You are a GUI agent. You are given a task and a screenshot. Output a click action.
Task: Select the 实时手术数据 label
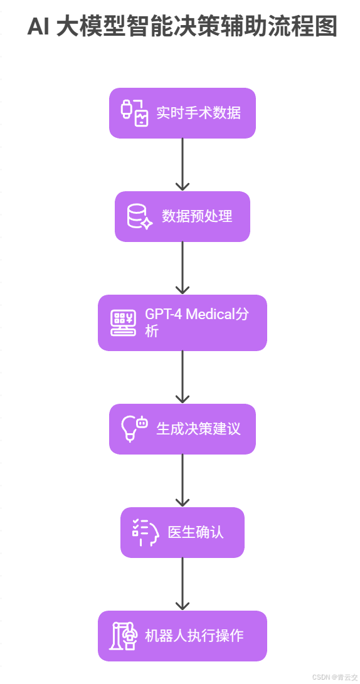[198, 113]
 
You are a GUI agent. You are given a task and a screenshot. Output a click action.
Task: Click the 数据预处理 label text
[197, 217]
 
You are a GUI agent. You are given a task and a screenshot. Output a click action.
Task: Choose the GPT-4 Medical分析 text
[196, 322]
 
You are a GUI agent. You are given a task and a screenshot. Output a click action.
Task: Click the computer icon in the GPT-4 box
[123, 323]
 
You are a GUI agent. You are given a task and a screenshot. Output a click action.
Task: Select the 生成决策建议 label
[198, 429]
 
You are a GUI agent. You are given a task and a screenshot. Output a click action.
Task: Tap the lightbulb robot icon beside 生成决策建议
[134, 429]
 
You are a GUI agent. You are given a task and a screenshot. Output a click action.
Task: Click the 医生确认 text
[196, 533]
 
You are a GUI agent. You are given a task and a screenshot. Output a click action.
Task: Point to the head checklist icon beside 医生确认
[145, 533]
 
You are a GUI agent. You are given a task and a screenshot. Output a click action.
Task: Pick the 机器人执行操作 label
[194, 636]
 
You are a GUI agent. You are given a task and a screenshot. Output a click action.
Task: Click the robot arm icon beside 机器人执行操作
[123, 636]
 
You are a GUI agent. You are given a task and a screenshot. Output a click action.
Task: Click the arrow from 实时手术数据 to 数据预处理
[183, 164]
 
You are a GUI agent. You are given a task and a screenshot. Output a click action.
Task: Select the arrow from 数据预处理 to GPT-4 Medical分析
[183, 267]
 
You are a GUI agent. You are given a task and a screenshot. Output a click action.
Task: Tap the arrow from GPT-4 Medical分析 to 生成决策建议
[183, 376]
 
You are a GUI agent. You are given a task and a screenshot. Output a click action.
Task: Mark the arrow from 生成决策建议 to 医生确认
[183, 480]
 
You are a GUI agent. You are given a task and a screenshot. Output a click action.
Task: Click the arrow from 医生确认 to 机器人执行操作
[183, 583]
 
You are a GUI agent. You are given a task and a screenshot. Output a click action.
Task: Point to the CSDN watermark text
[335, 677]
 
